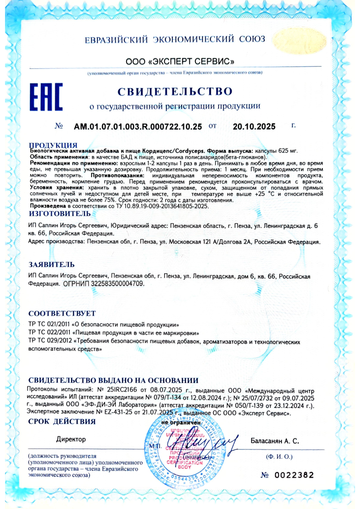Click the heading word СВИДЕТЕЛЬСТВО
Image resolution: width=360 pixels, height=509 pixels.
(175, 92)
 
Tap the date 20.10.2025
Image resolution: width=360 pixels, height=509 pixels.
(254, 127)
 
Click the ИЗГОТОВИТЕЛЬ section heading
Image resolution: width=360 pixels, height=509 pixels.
(59, 213)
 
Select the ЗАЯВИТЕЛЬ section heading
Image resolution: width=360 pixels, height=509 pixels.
(52, 264)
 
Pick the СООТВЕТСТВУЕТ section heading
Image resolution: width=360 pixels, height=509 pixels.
(62, 314)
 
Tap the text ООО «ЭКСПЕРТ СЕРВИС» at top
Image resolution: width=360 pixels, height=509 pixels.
(180, 61)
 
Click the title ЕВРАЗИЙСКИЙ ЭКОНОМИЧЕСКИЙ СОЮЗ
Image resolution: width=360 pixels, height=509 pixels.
(175, 39)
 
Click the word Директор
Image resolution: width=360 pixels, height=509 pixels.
(71, 439)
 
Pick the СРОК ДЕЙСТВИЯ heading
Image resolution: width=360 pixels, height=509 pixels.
(62, 422)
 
